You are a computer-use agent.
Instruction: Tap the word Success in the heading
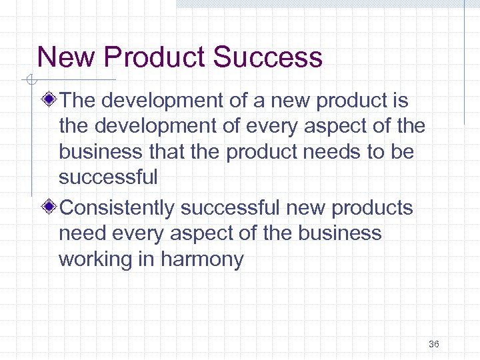[268, 57]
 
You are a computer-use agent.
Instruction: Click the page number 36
[434, 344]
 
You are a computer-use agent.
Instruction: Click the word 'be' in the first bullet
[402, 152]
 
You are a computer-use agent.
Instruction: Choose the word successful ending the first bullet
[109, 177]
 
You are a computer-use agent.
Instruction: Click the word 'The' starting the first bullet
[78, 101]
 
